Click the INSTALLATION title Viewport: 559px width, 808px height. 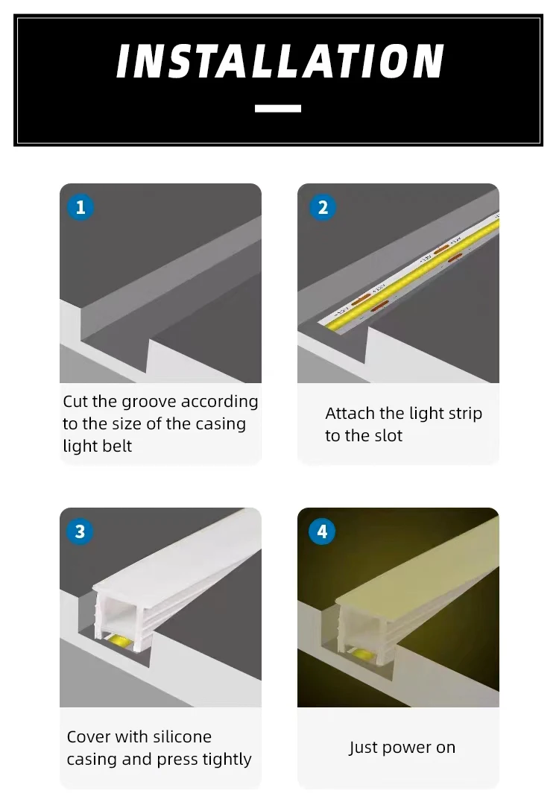pos(279,61)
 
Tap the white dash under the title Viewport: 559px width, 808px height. pos(278,108)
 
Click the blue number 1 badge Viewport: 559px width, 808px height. pos(80,207)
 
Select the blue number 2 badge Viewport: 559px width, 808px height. pos(323,207)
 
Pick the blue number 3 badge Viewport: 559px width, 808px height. pos(80,531)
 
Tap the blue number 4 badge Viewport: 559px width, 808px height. pos(322,531)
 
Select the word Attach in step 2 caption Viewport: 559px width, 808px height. pos(350,413)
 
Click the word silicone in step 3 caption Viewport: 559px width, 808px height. pos(183,737)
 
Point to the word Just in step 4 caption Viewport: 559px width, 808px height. pos(363,747)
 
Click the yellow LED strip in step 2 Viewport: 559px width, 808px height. pos(410,273)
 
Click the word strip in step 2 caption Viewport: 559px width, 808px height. pos(466,414)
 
